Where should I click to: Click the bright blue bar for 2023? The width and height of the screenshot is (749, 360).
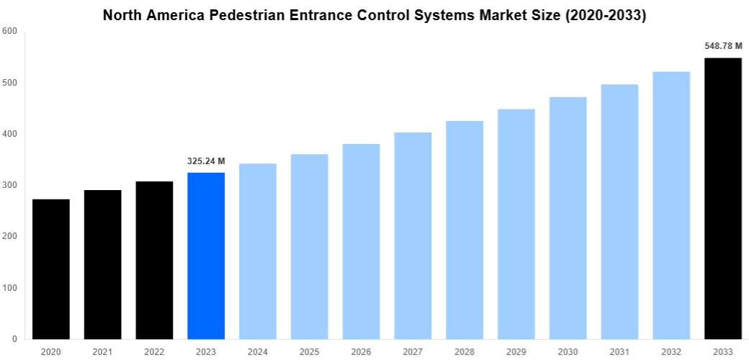pyautogui.click(x=206, y=256)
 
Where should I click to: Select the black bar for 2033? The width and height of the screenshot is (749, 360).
pyautogui.click(x=723, y=198)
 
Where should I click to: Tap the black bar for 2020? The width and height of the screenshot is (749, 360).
pyautogui.click(x=51, y=269)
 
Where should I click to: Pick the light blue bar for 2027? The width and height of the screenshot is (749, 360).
pyautogui.click(x=413, y=235)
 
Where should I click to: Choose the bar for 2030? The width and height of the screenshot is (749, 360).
pyautogui.click(x=568, y=217)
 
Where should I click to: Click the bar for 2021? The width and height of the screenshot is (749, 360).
pyautogui.click(x=102, y=264)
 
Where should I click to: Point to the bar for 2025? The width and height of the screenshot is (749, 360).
pyautogui.click(x=310, y=246)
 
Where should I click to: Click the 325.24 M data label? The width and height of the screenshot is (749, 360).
pyautogui.click(x=206, y=161)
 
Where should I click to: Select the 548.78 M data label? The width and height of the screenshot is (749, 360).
pyautogui.click(x=723, y=46)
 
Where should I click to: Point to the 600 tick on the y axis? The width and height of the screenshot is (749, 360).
pyautogui.click(x=10, y=31)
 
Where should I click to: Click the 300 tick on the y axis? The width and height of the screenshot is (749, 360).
pyautogui.click(x=10, y=185)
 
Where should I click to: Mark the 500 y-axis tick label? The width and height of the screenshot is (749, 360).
pyautogui.click(x=10, y=83)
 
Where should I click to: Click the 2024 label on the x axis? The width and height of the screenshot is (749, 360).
pyautogui.click(x=258, y=351)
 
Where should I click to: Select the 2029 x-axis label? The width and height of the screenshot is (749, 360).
pyautogui.click(x=516, y=351)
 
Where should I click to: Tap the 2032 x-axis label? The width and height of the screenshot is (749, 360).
pyautogui.click(x=671, y=351)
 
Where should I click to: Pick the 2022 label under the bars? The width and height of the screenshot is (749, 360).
pyautogui.click(x=154, y=351)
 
